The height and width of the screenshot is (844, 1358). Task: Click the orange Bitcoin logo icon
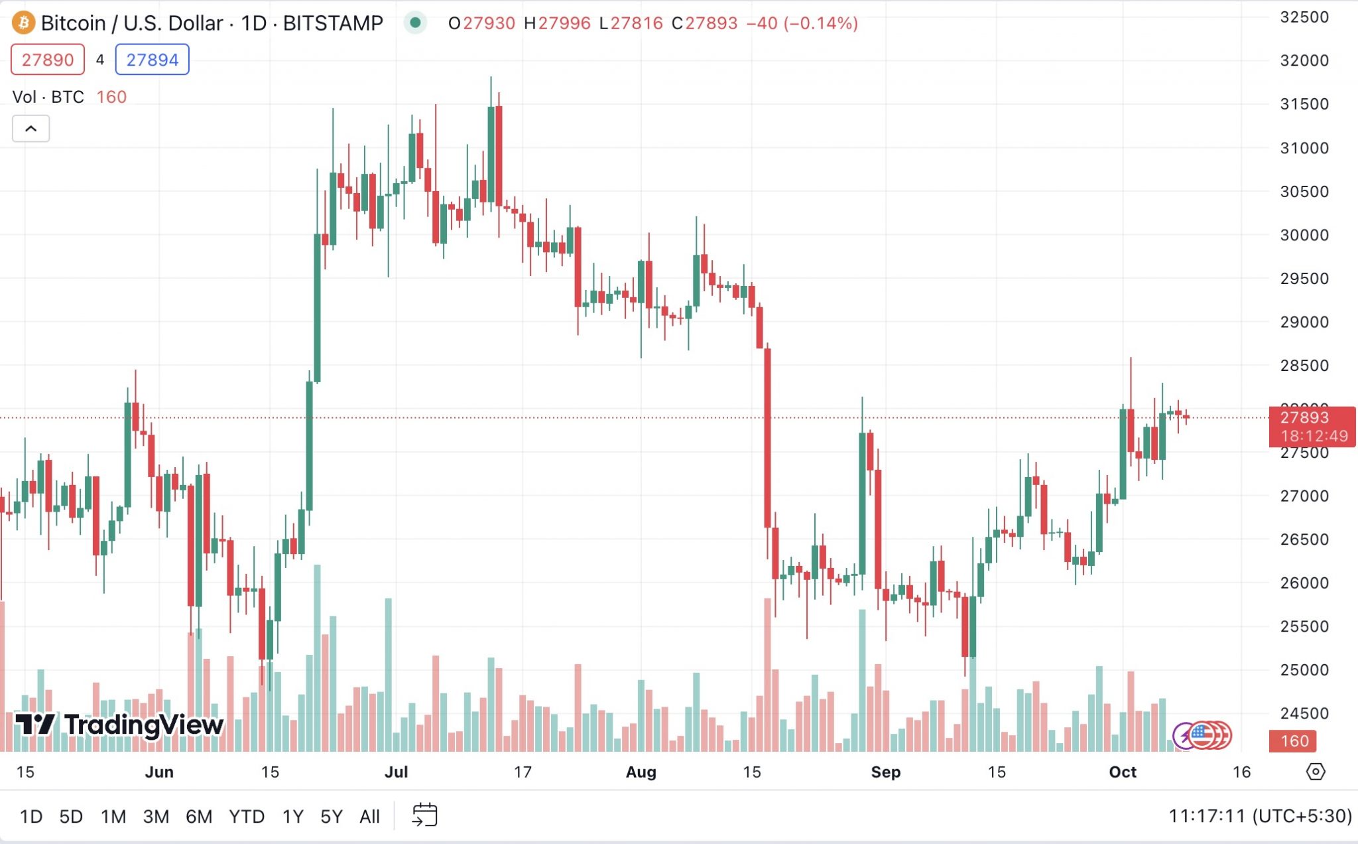coord(23,23)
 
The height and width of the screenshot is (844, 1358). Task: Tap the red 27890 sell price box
coord(48,60)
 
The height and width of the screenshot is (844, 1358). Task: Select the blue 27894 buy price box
coord(152,60)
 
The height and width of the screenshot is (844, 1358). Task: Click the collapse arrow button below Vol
coord(31,129)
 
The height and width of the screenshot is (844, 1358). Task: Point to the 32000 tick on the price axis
coord(1304,60)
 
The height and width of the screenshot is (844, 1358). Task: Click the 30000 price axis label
coord(1304,235)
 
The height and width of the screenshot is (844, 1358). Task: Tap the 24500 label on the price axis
coord(1304,713)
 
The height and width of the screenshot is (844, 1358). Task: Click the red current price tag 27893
coord(1311,426)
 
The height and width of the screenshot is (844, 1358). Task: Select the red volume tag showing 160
coord(1294,740)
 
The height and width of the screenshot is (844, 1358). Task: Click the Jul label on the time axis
coord(396,772)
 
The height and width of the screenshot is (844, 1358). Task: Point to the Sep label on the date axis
coord(885,772)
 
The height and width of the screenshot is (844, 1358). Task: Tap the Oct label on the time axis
coord(1122,772)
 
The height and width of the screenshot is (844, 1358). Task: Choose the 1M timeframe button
coord(113,816)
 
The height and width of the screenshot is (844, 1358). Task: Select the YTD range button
coord(247,816)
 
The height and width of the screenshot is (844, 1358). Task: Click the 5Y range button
coord(332,816)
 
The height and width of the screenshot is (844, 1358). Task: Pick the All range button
coord(369,816)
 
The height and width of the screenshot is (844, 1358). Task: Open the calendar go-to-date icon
coord(424,815)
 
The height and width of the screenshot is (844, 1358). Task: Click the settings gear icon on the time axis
coord(1316,772)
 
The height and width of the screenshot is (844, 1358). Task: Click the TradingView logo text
coord(119,725)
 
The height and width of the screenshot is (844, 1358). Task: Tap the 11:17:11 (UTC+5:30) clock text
coord(1259,815)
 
